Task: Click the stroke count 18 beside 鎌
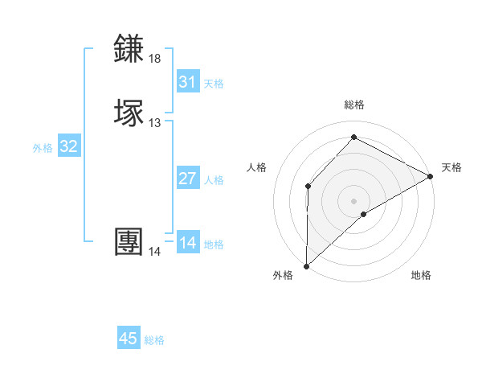(x=155, y=59)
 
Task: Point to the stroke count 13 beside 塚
(x=155, y=122)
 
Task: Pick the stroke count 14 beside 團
(x=155, y=251)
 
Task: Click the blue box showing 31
(x=188, y=82)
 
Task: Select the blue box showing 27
(x=188, y=179)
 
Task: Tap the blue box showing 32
(x=69, y=146)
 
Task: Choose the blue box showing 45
(x=129, y=339)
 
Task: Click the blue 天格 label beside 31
(x=214, y=84)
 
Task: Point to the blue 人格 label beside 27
(x=214, y=180)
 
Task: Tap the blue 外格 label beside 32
(x=43, y=148)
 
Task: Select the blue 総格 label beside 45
(x=154, y=340)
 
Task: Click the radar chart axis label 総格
(x=354, y=105)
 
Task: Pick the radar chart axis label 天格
(x=451, y=167)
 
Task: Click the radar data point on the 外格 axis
(x=306, y=265)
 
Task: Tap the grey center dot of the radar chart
(x=354, y=200)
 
